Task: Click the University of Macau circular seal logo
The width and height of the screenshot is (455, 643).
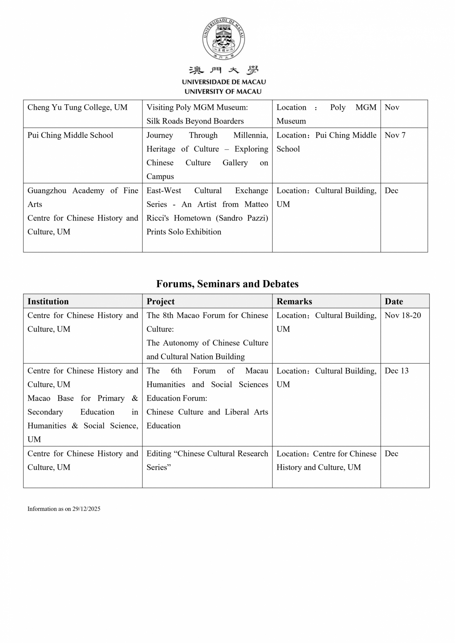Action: click(224, 39)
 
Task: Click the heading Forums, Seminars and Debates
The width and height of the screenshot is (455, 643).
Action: click(227, 284)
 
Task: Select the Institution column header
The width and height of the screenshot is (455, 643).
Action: click(48, 301)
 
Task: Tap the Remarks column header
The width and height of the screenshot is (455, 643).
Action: click(294, 301)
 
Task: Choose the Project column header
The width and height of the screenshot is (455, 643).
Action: click(160, 301)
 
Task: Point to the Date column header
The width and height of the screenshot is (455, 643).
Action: click(394, 301)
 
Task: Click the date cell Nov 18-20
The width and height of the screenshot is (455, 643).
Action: click(403, 315)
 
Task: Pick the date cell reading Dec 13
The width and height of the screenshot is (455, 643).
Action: click(397, 371)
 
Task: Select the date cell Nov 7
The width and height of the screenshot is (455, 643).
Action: click(395, 135)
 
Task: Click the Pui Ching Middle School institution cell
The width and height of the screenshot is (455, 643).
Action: click(70, 135)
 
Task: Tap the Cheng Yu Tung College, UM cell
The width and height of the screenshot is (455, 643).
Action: click(77, 107)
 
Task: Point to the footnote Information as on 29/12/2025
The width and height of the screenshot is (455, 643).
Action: click(64, 509)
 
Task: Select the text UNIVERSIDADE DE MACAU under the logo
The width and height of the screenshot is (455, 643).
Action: click(224, 82)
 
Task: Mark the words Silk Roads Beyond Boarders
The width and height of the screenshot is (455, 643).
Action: click(195, 121)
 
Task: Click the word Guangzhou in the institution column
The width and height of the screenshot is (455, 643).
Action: click(47, 191)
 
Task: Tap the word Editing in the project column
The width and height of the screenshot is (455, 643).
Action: click(159, 454)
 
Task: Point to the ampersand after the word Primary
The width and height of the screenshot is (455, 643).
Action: click(135, 398)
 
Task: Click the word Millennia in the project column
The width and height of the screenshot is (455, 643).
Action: click(251, 135)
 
